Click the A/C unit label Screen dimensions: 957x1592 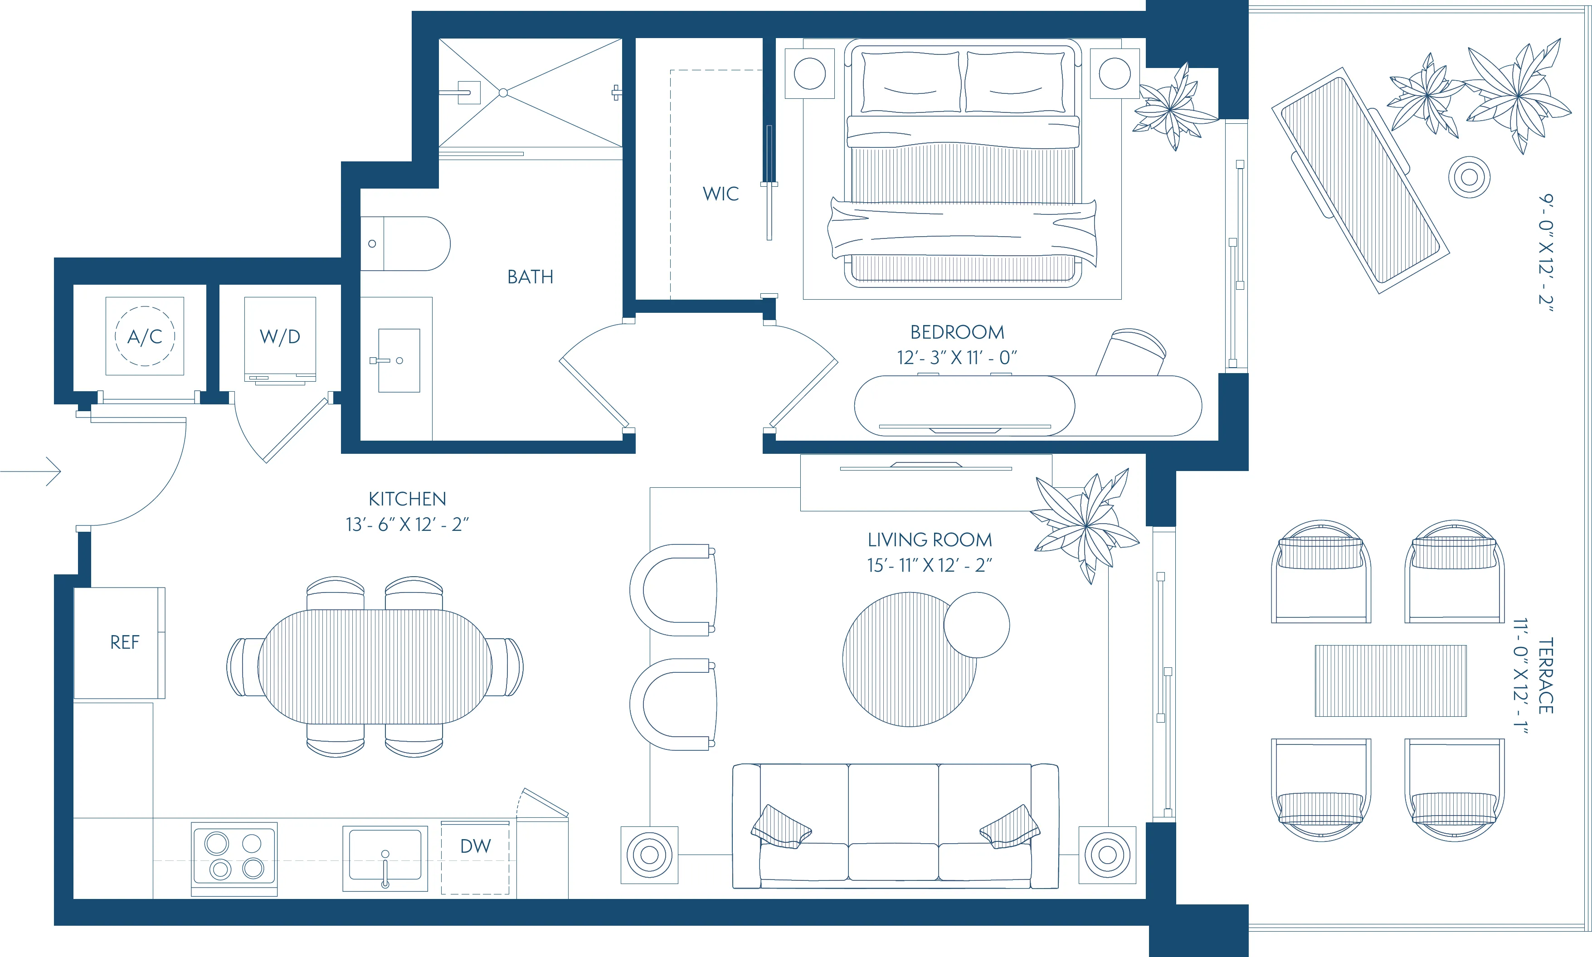click(145, 336)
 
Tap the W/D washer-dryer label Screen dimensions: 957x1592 click(280, 336)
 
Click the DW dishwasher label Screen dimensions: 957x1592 click(475, 846)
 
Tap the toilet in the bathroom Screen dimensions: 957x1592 click(406, 244)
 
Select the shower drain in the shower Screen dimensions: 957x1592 click(503, 93)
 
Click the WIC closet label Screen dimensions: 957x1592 click(720, 194)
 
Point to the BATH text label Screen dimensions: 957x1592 click(530, 277)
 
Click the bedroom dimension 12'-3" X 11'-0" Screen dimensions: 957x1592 click(956, 357)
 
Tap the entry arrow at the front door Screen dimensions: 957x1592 click(39, 471)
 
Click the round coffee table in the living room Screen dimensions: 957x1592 click(909, 660)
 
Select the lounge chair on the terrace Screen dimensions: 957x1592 click(1360, 180)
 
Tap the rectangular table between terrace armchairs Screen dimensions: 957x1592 click(1390, 680)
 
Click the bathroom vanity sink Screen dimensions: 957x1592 click(399, 360)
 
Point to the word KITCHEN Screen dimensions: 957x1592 click(407, 499)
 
